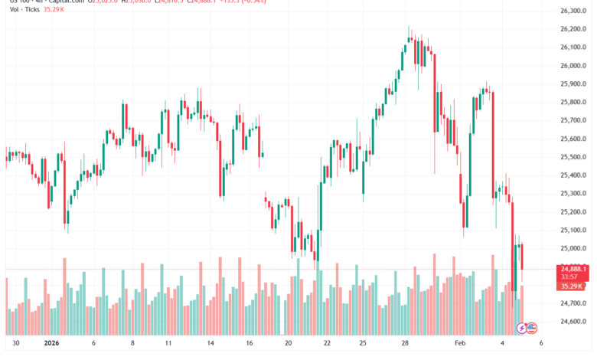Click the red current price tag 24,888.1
573,268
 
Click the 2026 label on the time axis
53,344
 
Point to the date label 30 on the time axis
17,344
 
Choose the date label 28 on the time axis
405,344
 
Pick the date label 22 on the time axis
327,344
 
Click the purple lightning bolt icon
523,328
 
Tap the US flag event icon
533,328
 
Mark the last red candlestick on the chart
521,256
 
